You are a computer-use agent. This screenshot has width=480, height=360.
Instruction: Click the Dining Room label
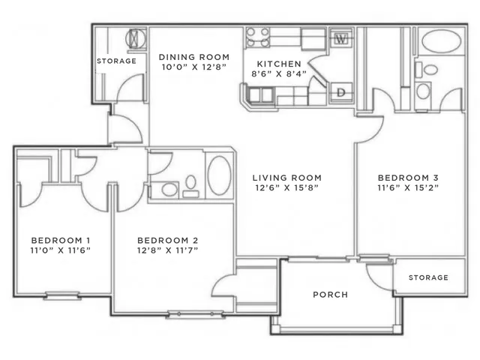[194, 57]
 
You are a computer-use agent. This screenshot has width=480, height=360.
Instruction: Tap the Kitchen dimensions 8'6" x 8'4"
[279, 73]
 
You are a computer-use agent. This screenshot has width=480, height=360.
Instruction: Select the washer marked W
[341, 39]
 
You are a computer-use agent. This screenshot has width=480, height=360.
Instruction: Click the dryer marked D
[341, 92]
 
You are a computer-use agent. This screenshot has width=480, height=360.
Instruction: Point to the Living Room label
[286, 178]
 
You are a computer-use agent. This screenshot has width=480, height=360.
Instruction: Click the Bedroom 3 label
[408, 178]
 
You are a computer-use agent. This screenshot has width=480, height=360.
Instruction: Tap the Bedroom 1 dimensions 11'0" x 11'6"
[60, 250]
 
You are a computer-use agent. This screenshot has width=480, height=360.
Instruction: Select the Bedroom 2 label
[167, 240]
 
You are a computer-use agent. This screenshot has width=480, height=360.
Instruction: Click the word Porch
[330, 295]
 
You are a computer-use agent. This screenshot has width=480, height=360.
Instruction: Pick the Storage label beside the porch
[428, 277]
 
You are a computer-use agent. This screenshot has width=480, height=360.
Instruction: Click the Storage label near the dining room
[116, 61]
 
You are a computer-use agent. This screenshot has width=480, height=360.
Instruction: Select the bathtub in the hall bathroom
[220, 175]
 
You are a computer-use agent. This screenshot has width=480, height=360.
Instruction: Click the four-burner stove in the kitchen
[258, 37]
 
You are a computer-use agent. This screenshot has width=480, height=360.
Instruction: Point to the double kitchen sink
[261, 94]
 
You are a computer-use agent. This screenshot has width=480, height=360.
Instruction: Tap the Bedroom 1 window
[62, 295]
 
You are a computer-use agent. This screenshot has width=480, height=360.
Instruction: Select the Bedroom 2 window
[195, 314]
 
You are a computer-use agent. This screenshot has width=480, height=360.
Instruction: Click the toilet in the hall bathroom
[190, 186]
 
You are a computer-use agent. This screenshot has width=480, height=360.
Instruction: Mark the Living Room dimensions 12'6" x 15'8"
[286, 187]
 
